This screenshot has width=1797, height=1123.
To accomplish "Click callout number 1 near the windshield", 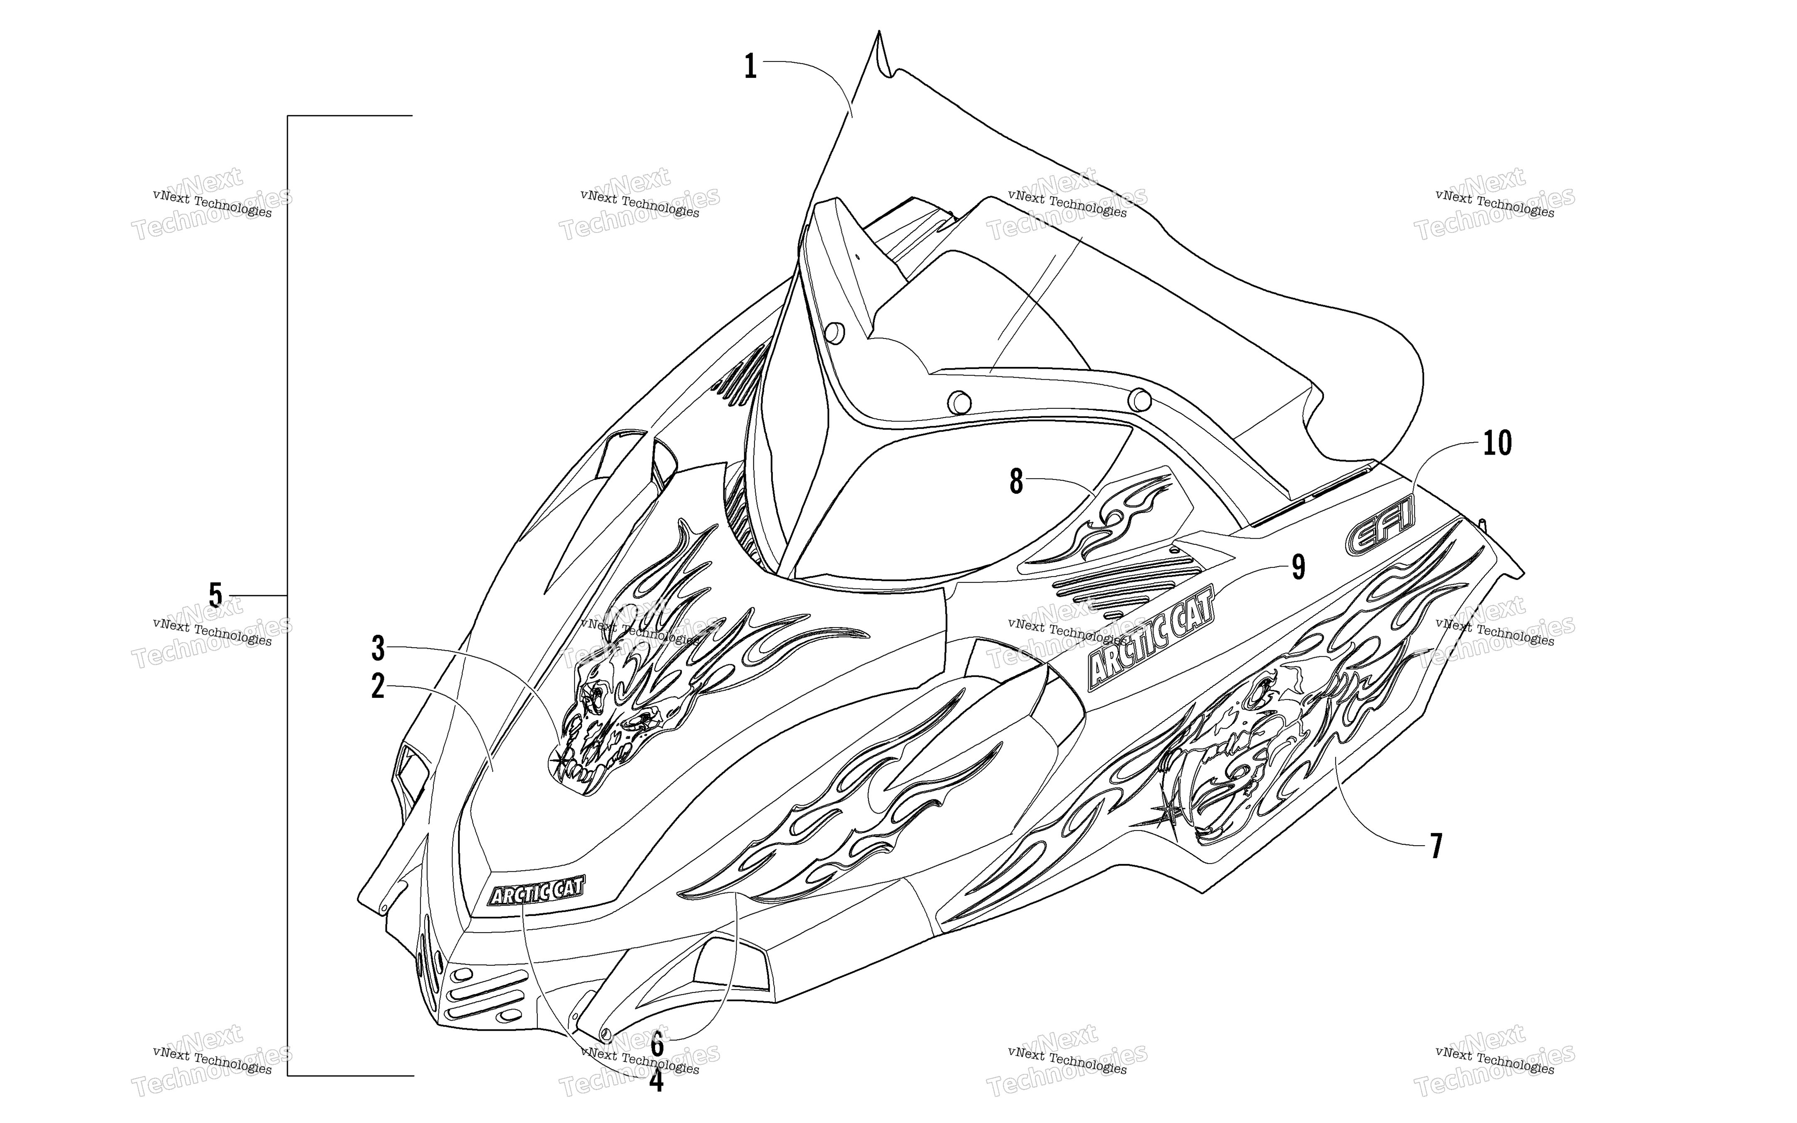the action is (x=751, y=67).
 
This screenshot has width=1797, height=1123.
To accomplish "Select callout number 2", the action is (x=378, y=687).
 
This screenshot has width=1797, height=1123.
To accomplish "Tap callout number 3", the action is (x=378, y=648).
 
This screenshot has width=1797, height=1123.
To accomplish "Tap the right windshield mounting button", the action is (x=1139, y=400).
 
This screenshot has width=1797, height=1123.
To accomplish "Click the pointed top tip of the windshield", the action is (x=879, y=31).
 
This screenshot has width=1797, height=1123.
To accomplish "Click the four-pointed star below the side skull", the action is (x=1166, y=814).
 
